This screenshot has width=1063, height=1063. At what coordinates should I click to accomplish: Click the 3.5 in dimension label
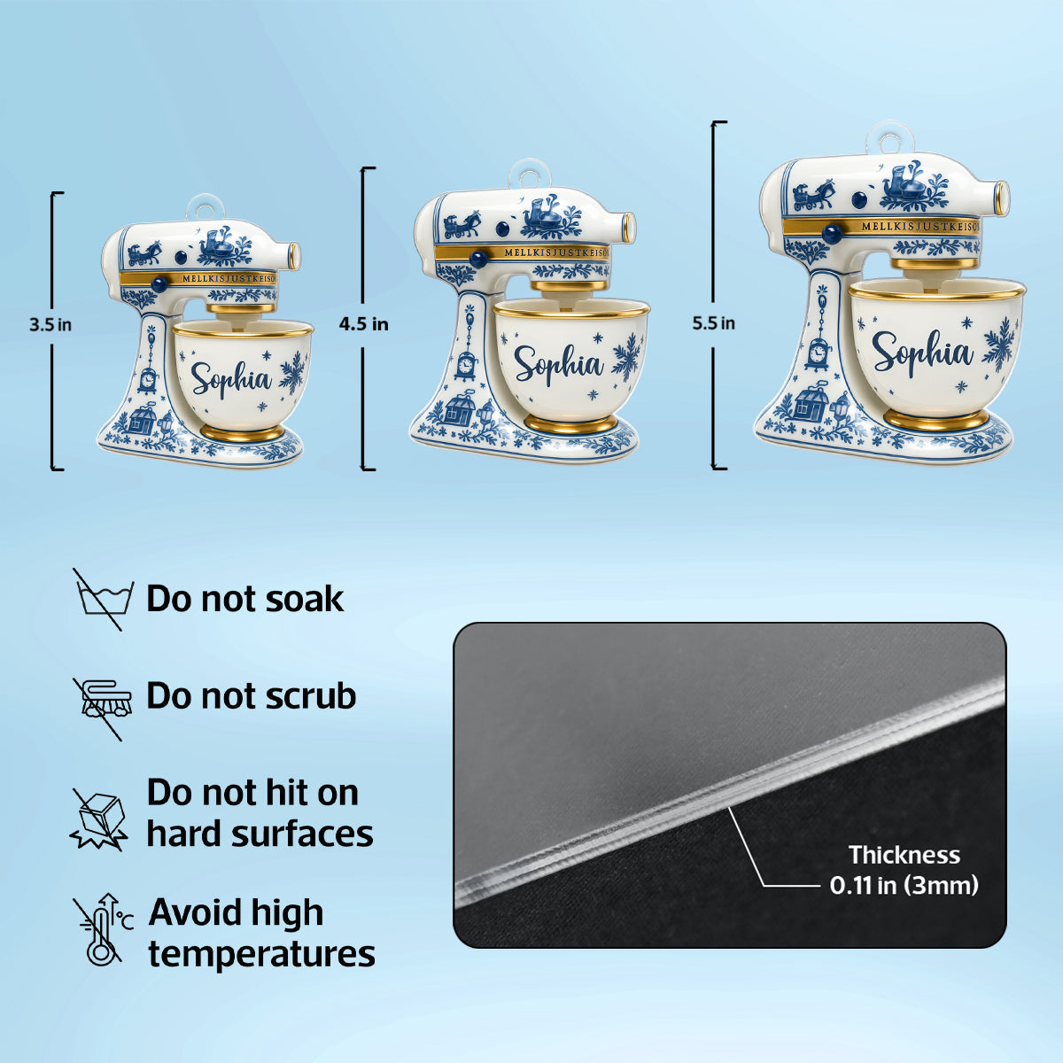click(x=50, y=324)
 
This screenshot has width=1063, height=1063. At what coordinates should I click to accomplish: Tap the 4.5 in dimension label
click(x=363, y=324)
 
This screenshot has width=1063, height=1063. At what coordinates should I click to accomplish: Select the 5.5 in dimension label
click(x=714, y=322)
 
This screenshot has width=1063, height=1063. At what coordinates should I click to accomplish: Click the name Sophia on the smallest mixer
click(x=232, y=378)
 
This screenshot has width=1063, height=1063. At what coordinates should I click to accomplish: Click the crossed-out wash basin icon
click(x=103, y=599)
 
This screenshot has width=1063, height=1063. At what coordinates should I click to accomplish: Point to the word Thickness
click(x=904, y=855)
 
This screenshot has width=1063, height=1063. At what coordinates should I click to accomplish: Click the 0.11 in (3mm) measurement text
click(x=904, y=885)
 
